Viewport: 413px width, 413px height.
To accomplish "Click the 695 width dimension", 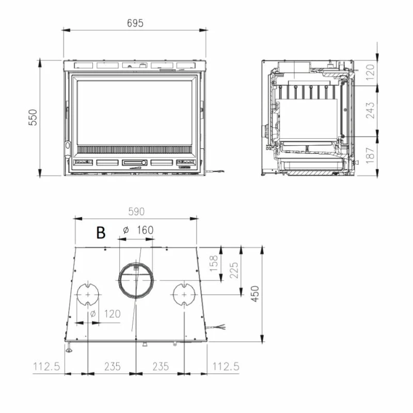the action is [135, 23].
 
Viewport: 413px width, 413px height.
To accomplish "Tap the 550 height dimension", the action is [33, 117].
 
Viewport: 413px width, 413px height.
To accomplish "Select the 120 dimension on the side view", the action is [370, 72].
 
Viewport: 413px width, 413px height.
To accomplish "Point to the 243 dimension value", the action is [370, 110].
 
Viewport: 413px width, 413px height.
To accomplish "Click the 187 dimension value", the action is [370, 155].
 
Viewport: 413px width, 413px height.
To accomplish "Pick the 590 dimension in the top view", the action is [136, 212].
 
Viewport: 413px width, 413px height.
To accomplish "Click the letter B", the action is [101, 232].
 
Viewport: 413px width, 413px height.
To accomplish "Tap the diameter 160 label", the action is [138, 230].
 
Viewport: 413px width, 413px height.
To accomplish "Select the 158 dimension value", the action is [214, 263].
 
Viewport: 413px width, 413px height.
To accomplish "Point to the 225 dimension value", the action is [234, 270].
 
